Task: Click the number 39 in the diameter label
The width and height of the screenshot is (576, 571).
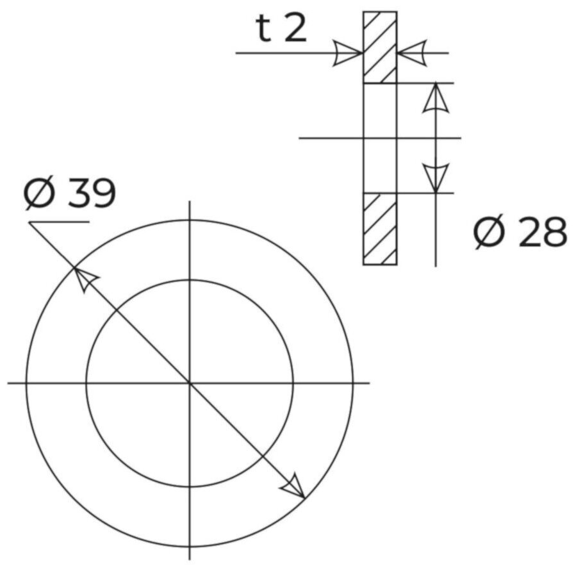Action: (92, 194)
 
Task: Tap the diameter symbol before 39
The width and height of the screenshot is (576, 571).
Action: (39, 194)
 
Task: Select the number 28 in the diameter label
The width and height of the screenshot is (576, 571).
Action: (542, 232)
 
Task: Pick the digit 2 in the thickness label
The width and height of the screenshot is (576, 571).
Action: (295, 29)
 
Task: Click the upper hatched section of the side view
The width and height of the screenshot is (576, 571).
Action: (380, 47)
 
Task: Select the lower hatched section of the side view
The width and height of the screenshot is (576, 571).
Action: (380, 229)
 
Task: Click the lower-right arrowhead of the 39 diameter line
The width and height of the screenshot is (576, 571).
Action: (294, 487)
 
